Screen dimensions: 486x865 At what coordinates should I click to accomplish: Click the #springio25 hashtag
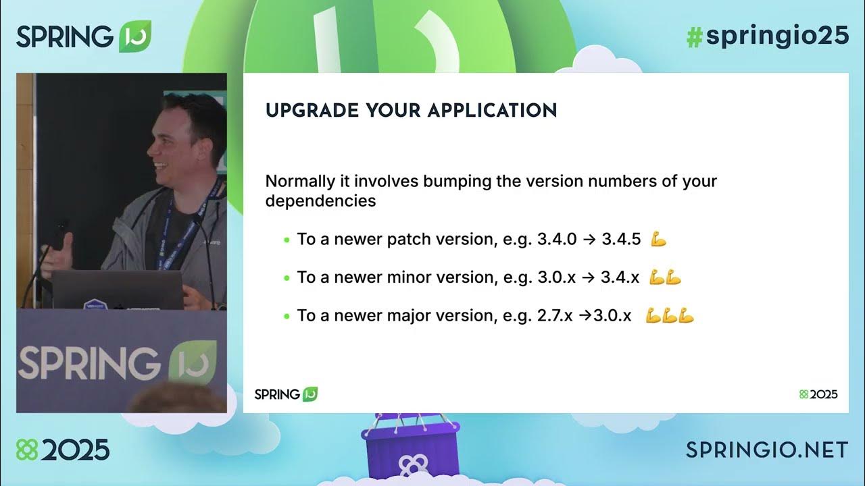767,37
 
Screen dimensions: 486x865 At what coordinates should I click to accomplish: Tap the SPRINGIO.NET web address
767,450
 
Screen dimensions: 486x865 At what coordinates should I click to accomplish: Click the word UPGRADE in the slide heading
312,111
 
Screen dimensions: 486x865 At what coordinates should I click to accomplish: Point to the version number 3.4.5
621,239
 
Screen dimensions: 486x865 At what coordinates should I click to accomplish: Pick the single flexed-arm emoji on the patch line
658,239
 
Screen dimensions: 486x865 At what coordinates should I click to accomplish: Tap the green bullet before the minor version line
287,277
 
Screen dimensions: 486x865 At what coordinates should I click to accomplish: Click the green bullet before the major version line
287,316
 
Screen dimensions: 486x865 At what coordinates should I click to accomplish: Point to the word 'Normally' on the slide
299,182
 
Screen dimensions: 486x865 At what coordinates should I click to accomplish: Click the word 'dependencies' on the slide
320,201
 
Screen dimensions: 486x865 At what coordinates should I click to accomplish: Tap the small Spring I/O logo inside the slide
286,394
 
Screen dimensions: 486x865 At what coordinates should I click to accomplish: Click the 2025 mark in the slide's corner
818,394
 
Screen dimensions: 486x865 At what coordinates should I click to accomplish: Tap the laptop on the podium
118,289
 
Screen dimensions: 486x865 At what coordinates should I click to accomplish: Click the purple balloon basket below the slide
410,449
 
